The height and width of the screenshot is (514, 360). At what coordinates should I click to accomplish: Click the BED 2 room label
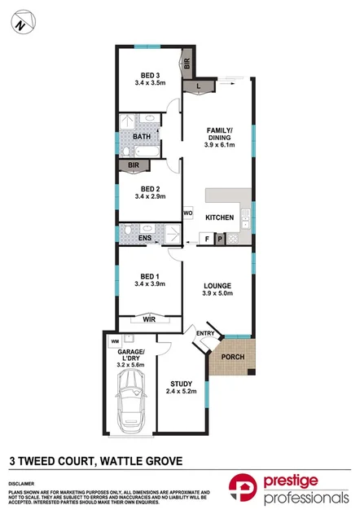tap(148, 192)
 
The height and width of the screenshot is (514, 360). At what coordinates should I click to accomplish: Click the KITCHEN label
tap(219, 217)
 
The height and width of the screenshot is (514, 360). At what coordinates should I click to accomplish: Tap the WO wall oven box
tap(187, 214)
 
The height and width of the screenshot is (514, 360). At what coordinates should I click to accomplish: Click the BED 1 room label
tap(148, 279)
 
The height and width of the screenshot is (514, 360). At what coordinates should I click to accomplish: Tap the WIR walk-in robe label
tap(149, 320)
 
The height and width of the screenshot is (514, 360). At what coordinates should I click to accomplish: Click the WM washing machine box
tap(114, 340)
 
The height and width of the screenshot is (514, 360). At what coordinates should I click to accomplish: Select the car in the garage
tap(130, 407)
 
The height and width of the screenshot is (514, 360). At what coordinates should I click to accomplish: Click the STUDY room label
tap(180, 388)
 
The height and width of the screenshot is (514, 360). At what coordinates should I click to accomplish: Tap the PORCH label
tap(234, 357)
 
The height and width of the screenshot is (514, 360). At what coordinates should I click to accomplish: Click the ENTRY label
tap(204, 333)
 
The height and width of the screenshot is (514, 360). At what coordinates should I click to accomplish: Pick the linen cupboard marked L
tap(199, 84)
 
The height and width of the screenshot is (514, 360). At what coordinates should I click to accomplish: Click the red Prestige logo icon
tap(243, 490)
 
